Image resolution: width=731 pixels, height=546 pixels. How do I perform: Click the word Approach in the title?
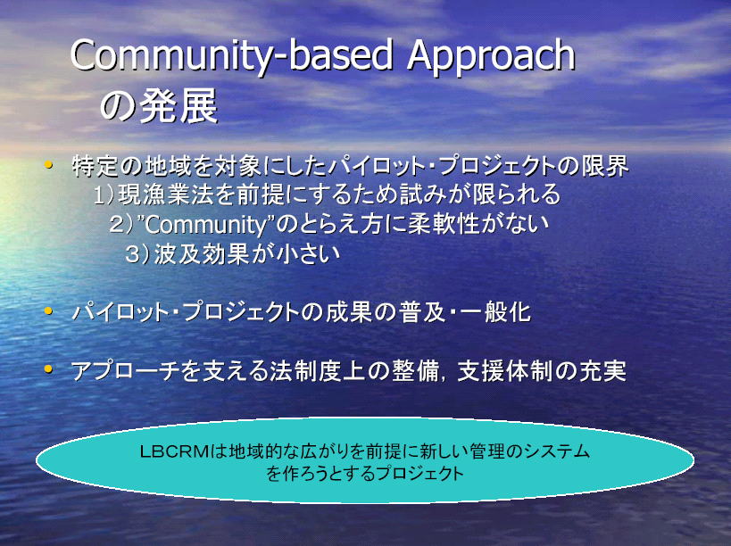(491, 56)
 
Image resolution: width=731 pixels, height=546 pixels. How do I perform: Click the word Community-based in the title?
(232, 56)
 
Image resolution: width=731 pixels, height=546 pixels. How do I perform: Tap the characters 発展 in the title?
(179, 106)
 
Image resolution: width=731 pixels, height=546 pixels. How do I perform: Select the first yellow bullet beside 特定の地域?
(47, 164)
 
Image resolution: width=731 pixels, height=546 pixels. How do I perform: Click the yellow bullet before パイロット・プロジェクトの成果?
(47, 310)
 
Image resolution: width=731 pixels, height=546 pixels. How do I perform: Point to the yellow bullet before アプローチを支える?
(47, 369)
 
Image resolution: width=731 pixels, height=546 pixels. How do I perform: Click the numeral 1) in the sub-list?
(104, 194)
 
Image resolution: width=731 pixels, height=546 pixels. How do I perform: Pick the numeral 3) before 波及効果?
(137, 254)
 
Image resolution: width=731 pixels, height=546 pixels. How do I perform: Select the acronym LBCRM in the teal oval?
(174, 451)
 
